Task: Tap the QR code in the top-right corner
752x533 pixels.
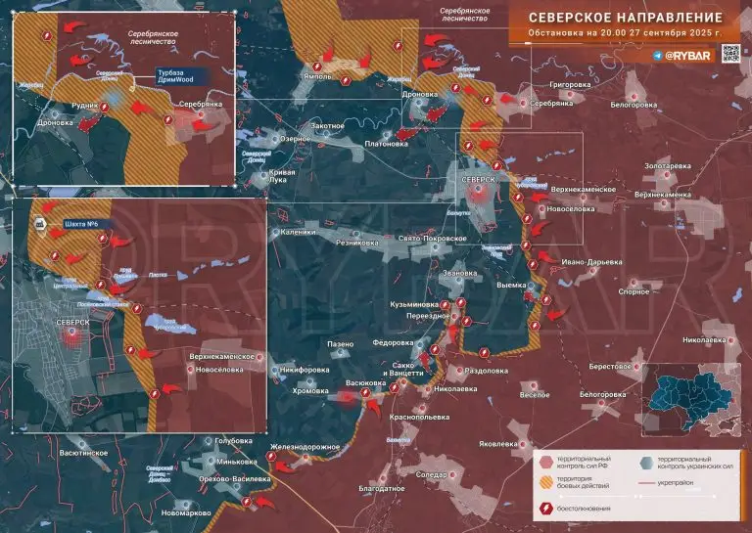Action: [x=730, y=55]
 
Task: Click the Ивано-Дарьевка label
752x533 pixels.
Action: [x=591, y=262]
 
